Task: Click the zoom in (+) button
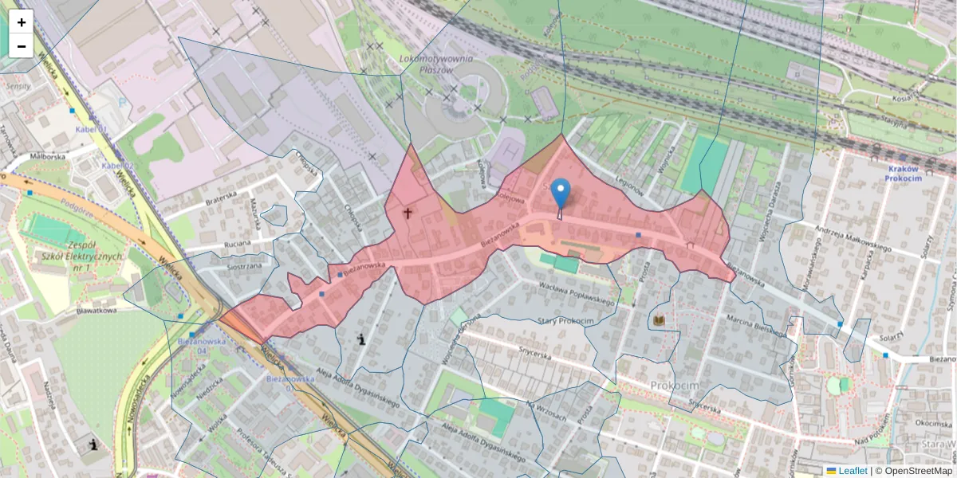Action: coord(22,22)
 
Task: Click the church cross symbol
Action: coord(408,213)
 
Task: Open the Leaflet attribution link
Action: coord(852,471)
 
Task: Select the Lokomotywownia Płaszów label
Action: coord(435,64)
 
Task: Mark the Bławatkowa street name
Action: coord(97,311)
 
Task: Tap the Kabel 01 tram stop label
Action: coord(91,128)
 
